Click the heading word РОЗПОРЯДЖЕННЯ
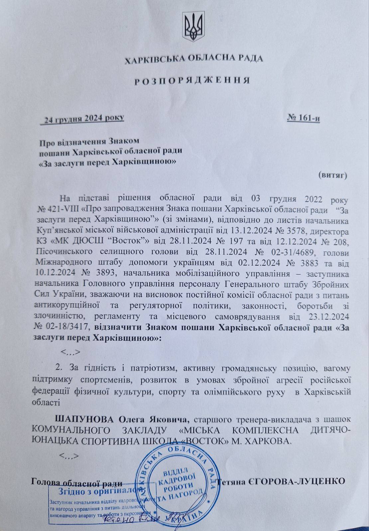click(192, 81)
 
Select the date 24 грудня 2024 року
click(82, 118)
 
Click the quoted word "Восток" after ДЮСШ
click(111, 242)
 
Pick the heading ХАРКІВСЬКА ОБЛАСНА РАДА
click(194, 59)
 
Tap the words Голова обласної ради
click(76, 482)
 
